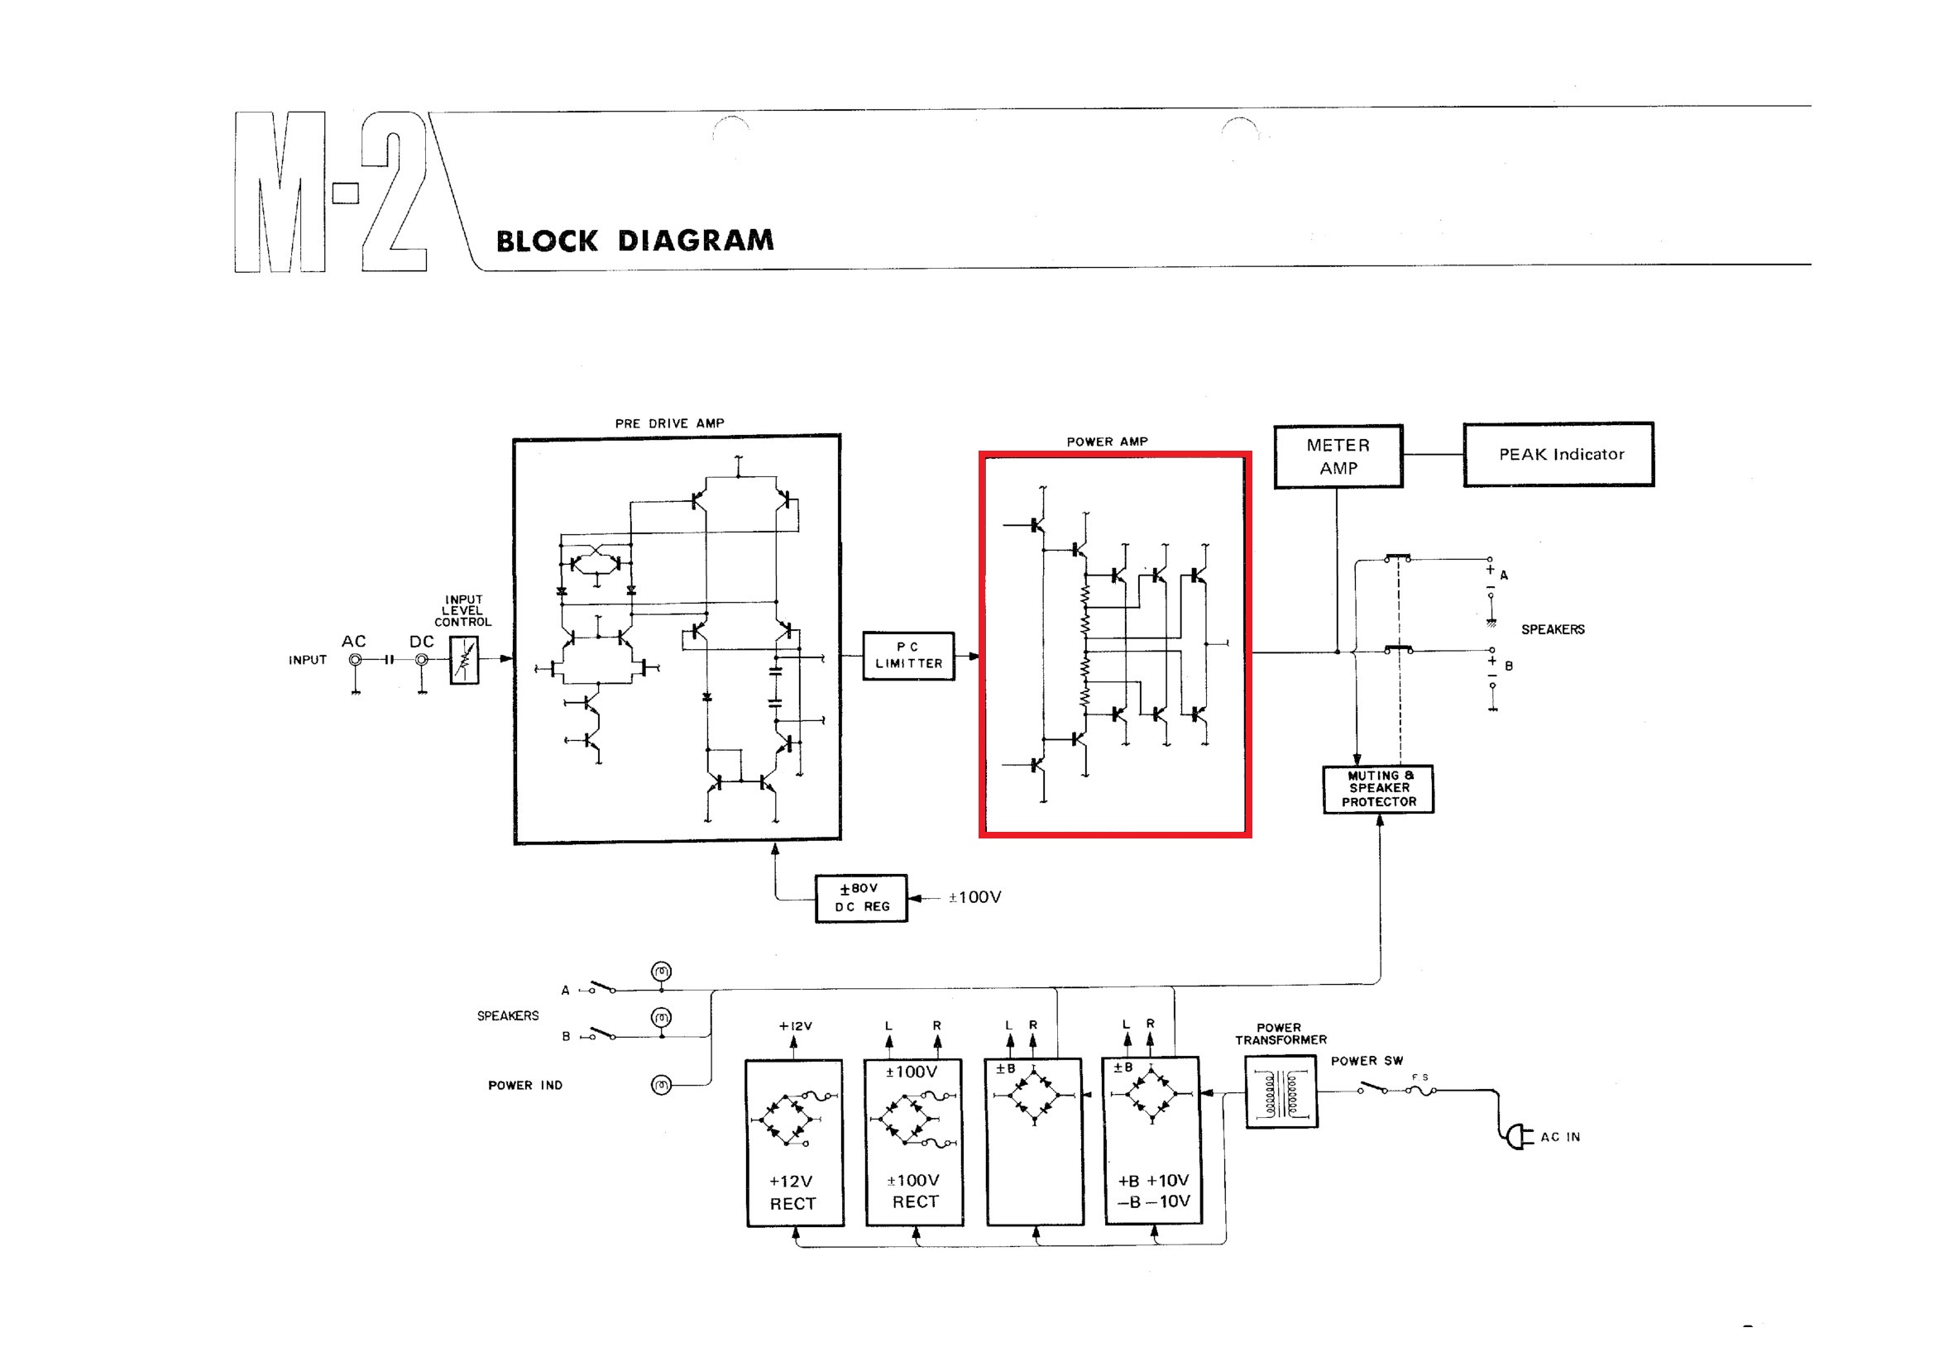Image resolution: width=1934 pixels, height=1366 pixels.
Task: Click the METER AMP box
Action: (1338, 456)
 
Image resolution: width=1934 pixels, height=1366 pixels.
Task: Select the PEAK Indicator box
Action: (1558, 455)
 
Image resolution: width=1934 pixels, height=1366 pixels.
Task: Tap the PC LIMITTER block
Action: (908, 655)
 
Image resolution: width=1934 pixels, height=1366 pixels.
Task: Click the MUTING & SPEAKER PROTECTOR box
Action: (1378, 788)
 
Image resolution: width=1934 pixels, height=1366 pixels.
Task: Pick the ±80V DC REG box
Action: (861, 898)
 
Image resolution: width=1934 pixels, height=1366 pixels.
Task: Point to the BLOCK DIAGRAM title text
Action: (634, 241)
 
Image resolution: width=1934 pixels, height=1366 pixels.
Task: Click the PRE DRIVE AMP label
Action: (669, 423)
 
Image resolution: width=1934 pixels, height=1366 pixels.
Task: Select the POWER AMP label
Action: (1107, 442)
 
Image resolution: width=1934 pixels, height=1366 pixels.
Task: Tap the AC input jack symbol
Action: (356, 661)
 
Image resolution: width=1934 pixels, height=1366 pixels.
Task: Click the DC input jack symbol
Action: (422, 661)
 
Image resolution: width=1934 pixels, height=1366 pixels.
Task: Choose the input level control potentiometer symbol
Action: (464, 659)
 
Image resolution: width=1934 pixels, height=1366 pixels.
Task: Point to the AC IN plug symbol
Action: (1518, 1137)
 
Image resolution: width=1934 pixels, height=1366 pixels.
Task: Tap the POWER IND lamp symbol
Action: (662, 1085)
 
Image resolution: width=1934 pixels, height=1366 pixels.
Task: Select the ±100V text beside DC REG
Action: (974, 898)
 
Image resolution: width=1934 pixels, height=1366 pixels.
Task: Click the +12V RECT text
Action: (792, 1192)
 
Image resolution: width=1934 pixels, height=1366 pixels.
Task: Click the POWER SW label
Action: (1367, 1061)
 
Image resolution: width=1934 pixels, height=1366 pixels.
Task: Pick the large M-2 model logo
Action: (330, 192)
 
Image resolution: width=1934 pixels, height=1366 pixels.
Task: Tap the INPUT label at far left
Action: (308, 661)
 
